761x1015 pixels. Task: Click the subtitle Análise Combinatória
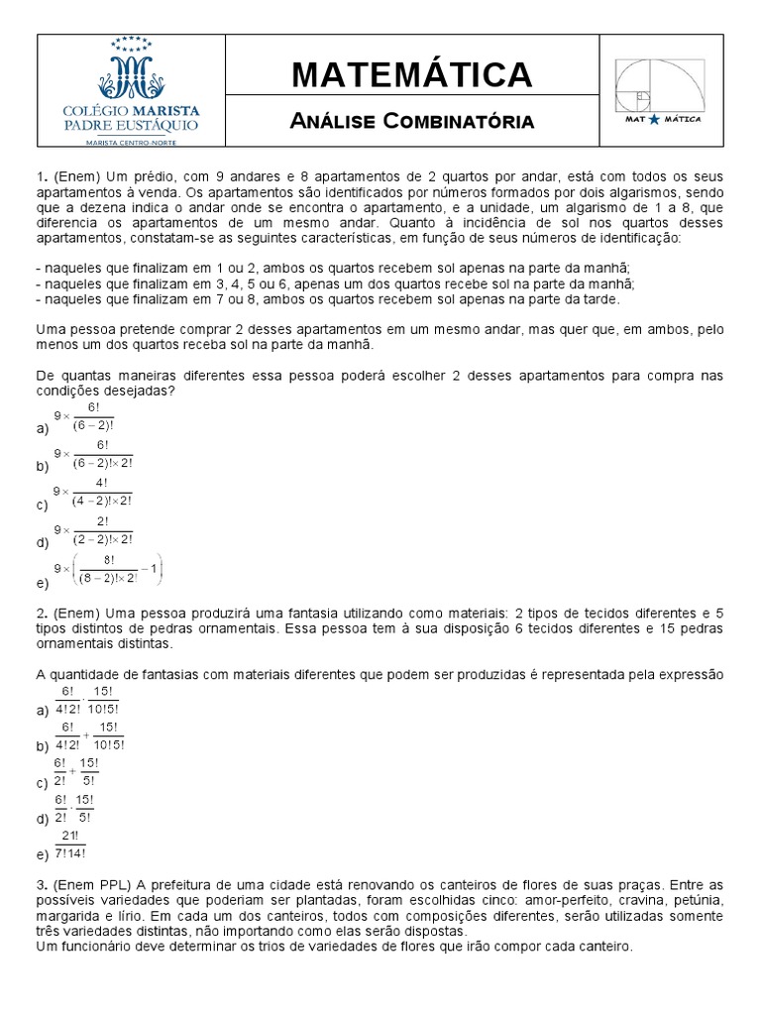(x=411, y=121)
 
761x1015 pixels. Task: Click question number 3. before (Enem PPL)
(x=42, y=884)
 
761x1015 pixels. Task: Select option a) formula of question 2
(x=89, y=699)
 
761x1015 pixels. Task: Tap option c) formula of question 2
(x=75, y=772)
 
